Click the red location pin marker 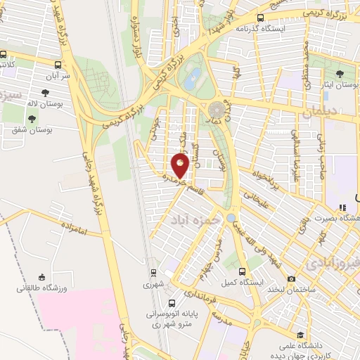coord(181,166)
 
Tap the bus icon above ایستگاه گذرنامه coord(260,18)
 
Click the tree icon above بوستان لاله coord(46,93)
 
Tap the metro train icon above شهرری coord(153,273)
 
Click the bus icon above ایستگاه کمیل coord(243,271)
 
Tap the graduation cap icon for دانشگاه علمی coord(300,335)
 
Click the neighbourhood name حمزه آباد coord(189,219)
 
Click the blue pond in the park coord(191,78)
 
